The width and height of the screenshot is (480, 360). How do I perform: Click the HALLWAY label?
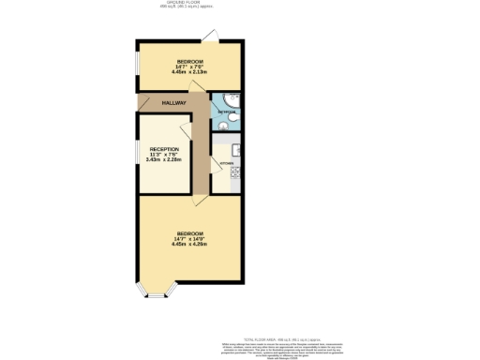174,103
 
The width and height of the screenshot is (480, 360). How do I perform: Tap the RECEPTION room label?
163,149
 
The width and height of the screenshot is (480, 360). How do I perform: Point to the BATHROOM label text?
225,112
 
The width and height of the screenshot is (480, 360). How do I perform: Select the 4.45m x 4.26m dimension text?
189,244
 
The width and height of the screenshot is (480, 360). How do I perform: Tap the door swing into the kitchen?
217,141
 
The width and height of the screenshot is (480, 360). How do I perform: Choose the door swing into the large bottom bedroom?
200,199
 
